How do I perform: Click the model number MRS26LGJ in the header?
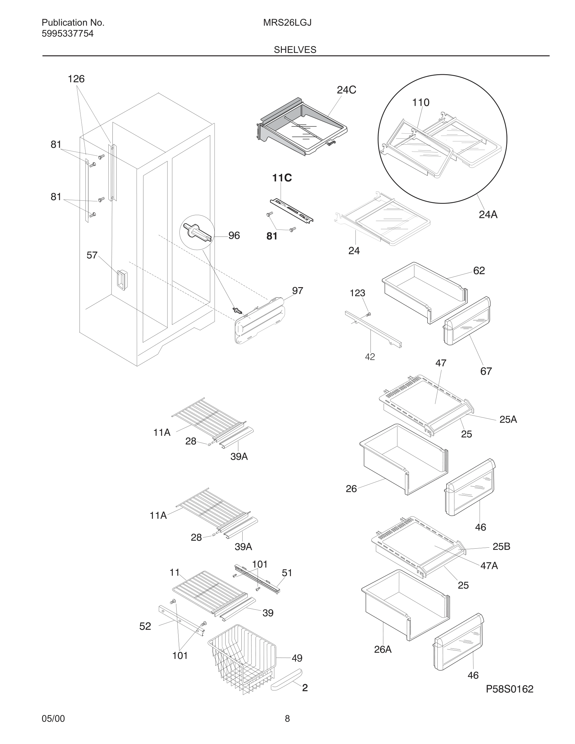click(x=287, y=23)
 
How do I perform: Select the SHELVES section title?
click(x=295, y=50)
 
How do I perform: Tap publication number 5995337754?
click(x=67, y=34)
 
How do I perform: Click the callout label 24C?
click(x=346, y=90)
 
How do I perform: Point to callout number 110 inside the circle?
click(x=421, y=102)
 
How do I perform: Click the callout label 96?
click(x=234, y=235)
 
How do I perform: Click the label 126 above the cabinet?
click(x=76, y=79)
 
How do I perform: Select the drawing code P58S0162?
click(x=509, y=689)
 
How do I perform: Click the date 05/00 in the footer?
click(x=53, y=718)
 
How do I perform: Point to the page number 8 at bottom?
click(x=287, y=718)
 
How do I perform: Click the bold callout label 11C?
click(x=282, y=178)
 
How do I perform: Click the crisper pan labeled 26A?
click(x=405, y=610)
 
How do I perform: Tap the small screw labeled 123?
click(x=368, y=314)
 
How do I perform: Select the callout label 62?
click(x=479, y=271)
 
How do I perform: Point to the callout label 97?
click(x=298, y=291)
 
